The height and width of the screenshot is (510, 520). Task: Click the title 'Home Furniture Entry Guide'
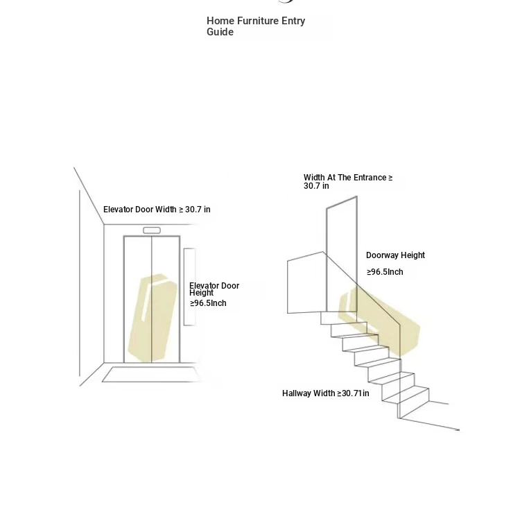[x=256, y=26]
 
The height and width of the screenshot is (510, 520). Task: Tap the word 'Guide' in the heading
[x=220, y=32]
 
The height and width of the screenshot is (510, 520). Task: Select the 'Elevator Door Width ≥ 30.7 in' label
[x=157, y=210]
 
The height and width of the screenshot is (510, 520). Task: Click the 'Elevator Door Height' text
[x=214, y=289]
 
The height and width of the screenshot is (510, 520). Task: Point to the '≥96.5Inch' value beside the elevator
[x=208, y=303]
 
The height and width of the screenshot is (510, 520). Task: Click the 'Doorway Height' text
[x=395, y=255]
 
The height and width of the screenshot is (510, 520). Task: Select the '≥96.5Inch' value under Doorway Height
[x=385, y=272]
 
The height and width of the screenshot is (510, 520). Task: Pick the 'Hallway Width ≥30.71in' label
[x=326, y=393]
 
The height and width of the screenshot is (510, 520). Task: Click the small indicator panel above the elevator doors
[x=152, y=230]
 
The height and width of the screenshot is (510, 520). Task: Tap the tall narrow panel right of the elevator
[x=189, y=287]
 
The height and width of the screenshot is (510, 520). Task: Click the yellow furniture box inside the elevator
[x=153, y=318]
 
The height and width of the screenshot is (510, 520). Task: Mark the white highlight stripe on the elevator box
[x=146, y=305]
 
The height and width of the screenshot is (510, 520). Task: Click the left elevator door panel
[x=138, y=299]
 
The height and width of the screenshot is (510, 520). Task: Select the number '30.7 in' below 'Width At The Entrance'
[x=316, y=186]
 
